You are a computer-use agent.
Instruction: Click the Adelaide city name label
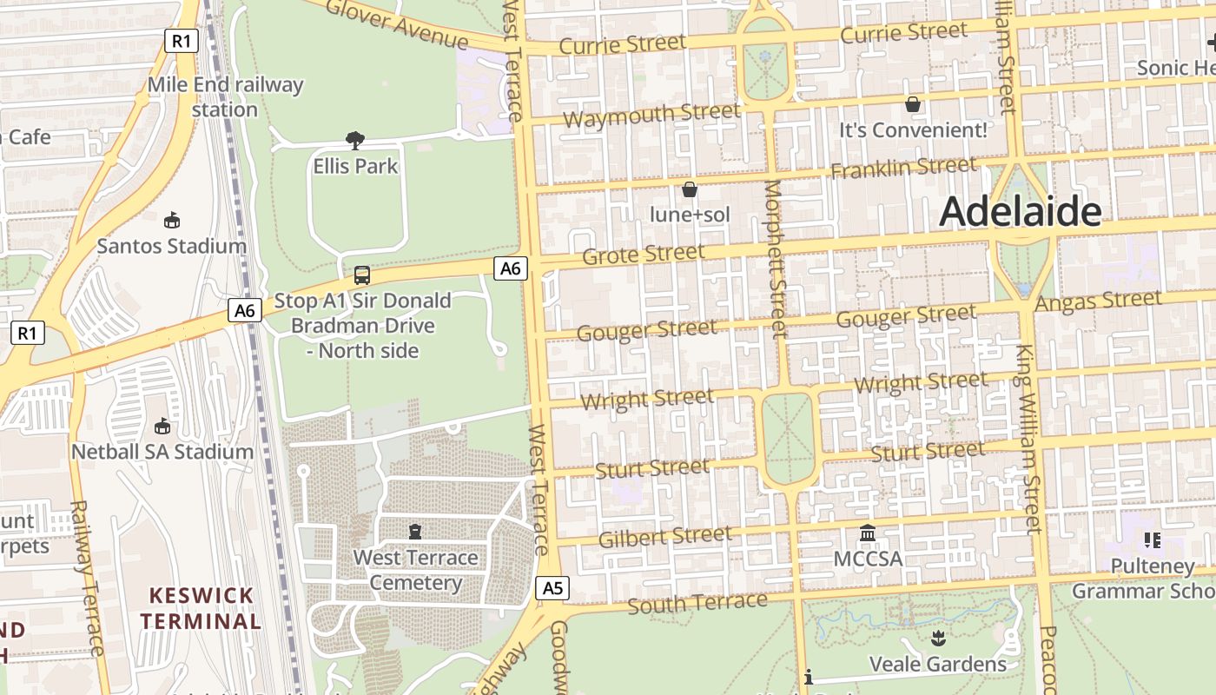pos(1021,211)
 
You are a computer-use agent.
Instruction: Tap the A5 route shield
pos(552,588)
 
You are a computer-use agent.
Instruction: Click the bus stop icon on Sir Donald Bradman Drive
pos(362,275)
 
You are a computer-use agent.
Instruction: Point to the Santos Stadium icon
pos(171,221)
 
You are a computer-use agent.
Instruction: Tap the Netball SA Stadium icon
pos(162,427)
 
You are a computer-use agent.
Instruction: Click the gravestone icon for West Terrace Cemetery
pos(415,531)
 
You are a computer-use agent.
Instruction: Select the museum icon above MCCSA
pos(867,533)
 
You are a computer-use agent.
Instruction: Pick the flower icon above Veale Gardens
pos(937,639)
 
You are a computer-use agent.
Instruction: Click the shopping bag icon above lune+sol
pos(690,189)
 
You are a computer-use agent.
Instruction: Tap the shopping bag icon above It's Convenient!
pos(912,104)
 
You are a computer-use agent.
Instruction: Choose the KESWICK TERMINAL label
pos(201,608)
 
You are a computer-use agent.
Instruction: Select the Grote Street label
pos(643,255)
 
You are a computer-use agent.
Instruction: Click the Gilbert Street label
pos(664,536)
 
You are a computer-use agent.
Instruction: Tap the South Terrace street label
pos(697,602)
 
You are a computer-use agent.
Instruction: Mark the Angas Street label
pos(1098,301)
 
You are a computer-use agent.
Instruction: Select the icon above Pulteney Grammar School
pos(1153,540)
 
